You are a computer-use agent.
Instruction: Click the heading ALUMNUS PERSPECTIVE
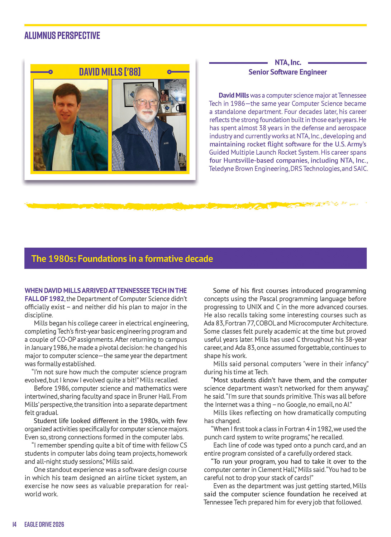pos(62,35)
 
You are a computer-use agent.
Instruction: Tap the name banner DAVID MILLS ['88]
pos(110,72)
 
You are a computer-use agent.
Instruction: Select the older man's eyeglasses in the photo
pos(146,102)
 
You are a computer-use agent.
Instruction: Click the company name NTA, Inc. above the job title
pos(288,63)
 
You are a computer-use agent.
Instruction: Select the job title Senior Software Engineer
pos(287,72)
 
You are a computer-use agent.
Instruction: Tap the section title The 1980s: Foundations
pos(122,258)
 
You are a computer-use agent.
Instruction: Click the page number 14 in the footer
pos(14,524)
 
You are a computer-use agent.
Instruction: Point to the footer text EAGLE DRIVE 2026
pos(44,524)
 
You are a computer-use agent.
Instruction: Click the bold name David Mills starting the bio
pos(234,96)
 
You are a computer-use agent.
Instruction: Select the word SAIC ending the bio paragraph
pos(360,169)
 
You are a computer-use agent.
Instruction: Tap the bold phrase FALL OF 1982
pos(44,299)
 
